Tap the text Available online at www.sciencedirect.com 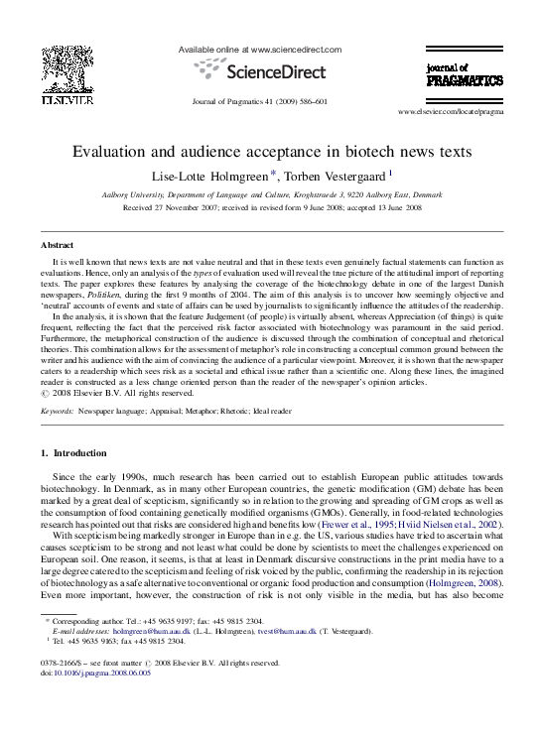(259, 49)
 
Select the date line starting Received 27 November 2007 (270, 208)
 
